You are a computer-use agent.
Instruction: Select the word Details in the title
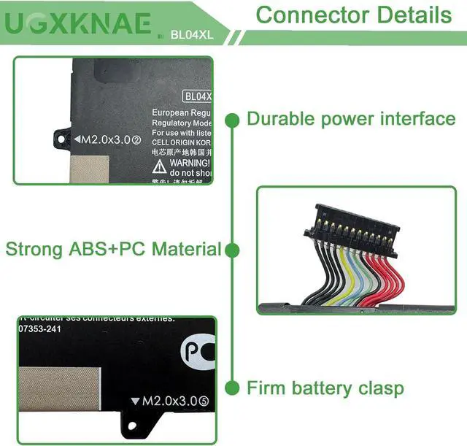coord(414,14)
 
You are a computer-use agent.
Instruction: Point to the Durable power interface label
coord(351,119)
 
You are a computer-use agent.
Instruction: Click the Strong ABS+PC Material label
coord(113,249)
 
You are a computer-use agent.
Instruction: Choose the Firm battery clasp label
coord(325,388)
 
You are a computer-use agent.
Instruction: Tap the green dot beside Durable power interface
coord(233,119)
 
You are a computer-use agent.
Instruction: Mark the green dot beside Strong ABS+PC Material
coord(233,250)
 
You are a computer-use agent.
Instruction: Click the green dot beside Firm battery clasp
coord(233,388)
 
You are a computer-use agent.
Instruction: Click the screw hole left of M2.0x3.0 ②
coord(61,137)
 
